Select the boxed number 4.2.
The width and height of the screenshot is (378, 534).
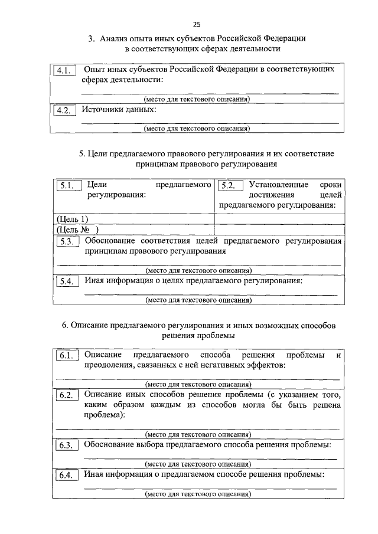pos(64,111)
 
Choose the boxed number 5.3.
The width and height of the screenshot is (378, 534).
pos(66,242)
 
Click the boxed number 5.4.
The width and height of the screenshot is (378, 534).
pos(66,281)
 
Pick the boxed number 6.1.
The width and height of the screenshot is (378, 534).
pos(66,356)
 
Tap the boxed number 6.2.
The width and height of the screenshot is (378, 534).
pos(66,395)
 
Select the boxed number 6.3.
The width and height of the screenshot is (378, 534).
pos(66,445)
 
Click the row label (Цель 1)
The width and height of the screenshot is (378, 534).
pos(71,220)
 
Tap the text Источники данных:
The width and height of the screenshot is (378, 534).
pos(119,110)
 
